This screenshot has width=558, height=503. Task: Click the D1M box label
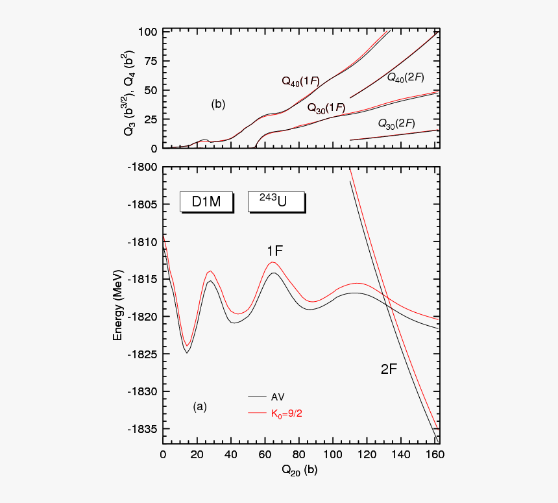(x=206, y=202)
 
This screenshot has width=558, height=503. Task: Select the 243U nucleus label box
(x=276, y=202)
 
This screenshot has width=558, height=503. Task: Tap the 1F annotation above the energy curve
(x=274, y=251)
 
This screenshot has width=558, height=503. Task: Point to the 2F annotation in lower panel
(x=389, y=369)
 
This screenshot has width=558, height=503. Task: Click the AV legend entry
(x=278, y=397)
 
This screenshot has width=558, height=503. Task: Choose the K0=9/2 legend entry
(x=286, y=412)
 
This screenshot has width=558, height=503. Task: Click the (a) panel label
(x=199, y=407)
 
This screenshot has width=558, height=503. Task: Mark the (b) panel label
(x=218, y=104)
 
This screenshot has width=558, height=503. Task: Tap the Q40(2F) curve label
(x=406, y=77)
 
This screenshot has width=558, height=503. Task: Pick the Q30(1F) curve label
(x=326, y=107)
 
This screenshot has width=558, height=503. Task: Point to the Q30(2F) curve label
(x=396, y=123)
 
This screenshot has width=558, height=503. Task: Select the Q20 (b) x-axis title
(x=299, y=471)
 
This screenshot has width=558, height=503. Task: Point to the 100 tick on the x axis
(x=333, y=455)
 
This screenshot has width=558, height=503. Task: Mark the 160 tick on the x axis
(x=435, y=455)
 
